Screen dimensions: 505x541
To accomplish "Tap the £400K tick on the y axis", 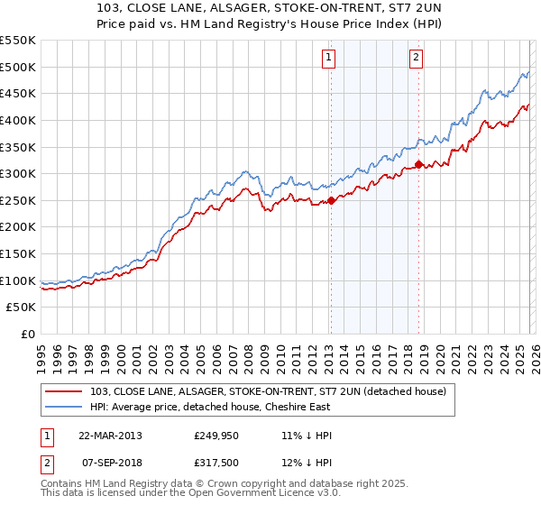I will click(x=18, y=120).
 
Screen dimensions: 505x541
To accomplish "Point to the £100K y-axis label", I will click(x=18, y=280).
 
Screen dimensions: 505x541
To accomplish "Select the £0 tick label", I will click(x=27, y=335).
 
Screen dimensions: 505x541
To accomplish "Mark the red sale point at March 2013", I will click(x=331, y=200).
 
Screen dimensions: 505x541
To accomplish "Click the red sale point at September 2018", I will click(x=418, y=164).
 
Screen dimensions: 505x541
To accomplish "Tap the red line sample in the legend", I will click(x=64, y=390).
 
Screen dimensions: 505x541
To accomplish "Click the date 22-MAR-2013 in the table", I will click(x=110, y=435).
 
